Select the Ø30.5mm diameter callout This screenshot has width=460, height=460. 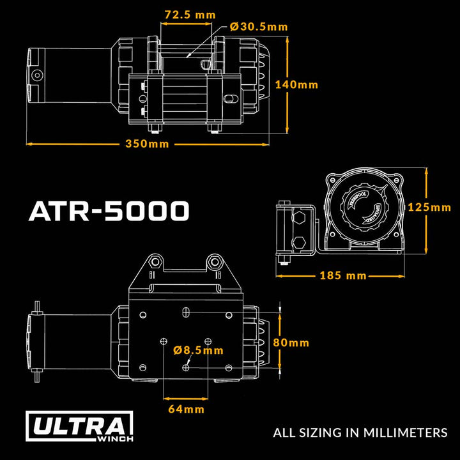257,27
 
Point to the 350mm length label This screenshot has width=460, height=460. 146,144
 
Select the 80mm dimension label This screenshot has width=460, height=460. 291,342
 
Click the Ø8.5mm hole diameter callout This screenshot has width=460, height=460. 198,349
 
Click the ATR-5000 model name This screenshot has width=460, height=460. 109,211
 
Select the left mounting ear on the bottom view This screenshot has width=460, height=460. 153,261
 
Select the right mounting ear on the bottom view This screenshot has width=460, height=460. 214,261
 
